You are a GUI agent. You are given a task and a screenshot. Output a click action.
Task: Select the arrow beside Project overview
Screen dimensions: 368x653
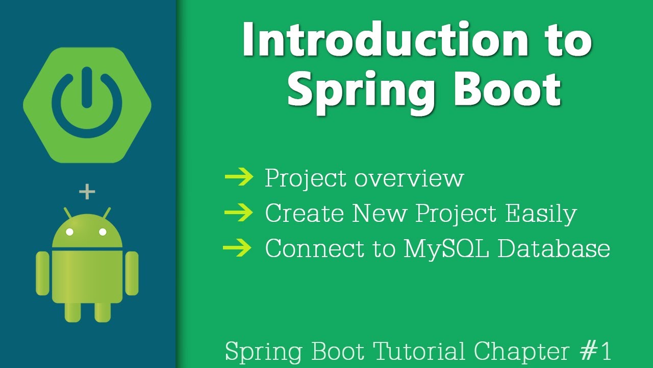coord(239,177)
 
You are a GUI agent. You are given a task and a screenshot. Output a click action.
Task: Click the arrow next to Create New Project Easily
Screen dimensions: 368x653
coord(239,213)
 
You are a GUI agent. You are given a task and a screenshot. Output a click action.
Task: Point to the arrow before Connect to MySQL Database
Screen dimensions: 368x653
coord(238,248)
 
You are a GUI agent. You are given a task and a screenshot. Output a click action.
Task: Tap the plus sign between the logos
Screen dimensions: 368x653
coord(87,192)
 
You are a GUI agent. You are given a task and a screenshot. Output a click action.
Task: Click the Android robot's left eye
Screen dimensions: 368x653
coord(70,232)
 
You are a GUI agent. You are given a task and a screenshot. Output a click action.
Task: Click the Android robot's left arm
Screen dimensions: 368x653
coord(42,273)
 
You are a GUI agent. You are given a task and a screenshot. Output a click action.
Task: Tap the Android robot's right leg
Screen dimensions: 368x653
coord(103,311)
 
